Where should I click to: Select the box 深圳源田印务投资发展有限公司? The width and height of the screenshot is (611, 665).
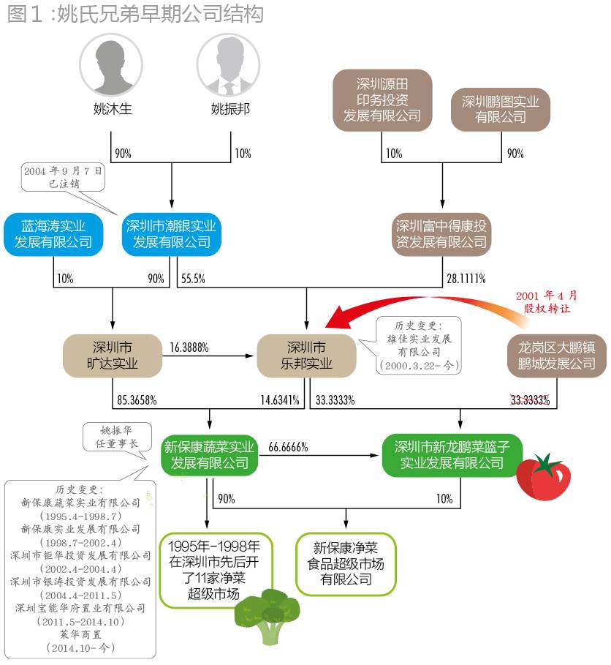click(x=382, y=100)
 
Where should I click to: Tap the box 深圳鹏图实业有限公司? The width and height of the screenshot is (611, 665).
click(x=501, y=109)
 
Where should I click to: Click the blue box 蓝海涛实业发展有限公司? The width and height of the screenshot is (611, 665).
click(x=53, y=234)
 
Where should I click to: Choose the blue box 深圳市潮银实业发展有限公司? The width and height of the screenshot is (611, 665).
click(x=172, y=234)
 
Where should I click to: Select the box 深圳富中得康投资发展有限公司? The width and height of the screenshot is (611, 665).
click(x=441, y=233)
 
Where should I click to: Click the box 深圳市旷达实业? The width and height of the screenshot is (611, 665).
click(x=113, y=355)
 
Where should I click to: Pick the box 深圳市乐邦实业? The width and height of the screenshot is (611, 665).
click(x=306, y=355)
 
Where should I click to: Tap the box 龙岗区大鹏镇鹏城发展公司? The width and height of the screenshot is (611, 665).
click(x=557, y=355)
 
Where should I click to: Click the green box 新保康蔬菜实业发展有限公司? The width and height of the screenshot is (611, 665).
click(x=210, y=454)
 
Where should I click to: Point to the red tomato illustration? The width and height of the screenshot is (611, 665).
click(x=544, y=476)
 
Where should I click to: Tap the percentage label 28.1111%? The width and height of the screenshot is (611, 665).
click(x=466, y=279)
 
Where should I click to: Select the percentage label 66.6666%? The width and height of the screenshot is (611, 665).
click(x=288, y=446)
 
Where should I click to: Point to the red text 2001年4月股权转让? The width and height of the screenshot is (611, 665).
click(x=546, y=301)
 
